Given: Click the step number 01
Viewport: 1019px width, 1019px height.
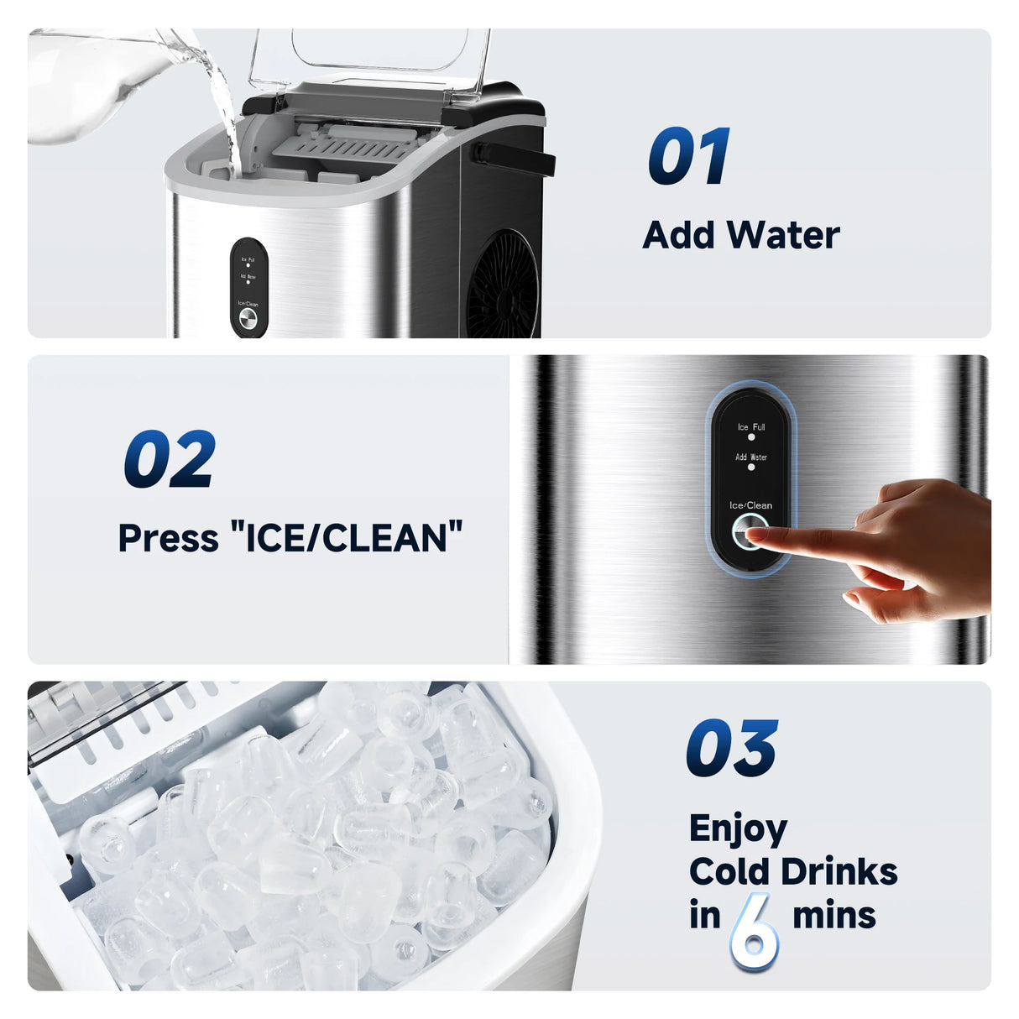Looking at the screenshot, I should point(688,157).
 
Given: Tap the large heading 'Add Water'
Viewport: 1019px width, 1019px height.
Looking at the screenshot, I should point(740,235).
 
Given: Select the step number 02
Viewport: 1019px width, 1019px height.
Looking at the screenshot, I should point(170,459).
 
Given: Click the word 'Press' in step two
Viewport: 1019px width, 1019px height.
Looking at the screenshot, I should point(168,538).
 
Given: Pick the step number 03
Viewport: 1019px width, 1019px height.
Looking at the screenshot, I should point(731,749).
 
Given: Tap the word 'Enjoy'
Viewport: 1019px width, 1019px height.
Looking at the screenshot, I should point(738,829).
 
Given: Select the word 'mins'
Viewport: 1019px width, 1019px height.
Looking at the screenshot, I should point(833,915).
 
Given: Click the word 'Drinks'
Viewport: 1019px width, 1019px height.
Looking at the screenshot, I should point(845,872).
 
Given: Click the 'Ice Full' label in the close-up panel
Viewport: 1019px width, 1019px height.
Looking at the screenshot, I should point(751,427).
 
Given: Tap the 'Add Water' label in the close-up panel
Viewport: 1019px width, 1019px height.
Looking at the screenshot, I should point(751,457).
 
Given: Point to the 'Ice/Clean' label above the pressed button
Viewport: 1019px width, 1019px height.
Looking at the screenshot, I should point(750,505).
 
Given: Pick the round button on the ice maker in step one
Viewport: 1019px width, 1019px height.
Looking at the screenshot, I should point(248,319).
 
